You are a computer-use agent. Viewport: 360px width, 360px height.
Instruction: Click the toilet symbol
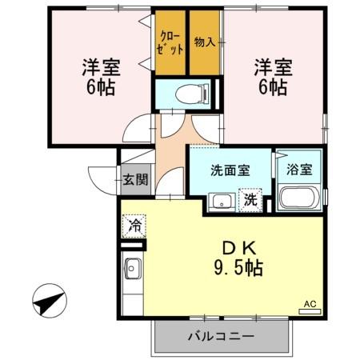coord(192,94)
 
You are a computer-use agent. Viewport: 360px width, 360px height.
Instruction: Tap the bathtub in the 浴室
coord(299,197)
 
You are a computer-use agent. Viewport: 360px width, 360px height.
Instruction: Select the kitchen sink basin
coord(131,268)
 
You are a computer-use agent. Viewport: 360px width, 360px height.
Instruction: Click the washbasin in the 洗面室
coord(222,202)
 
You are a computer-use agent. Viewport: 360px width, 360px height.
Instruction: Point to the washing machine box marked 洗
coord(250,200)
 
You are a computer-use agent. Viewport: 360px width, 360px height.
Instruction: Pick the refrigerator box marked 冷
coord(134,226)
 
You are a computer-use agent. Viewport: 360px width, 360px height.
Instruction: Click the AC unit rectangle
coord(310,311)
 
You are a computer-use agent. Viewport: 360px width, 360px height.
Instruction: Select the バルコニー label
coord(221,336)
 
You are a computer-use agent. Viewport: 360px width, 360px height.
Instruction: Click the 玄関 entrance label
coord(135,179)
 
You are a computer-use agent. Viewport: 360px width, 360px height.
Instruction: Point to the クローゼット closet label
coord(170,44)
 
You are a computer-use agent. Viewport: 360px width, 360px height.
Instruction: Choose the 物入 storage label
coord(205,42)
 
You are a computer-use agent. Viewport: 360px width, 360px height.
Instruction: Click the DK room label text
coord(239,249)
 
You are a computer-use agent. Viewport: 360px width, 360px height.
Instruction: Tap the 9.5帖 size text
coord(238,267)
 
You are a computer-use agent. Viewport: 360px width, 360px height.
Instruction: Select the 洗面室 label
coord(230,170)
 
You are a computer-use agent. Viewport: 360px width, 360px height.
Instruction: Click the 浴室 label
coord(299,169)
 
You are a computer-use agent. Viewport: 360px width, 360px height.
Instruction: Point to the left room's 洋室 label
coord(101,67)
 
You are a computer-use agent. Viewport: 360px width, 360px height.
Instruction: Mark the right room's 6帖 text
coord(273,87)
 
